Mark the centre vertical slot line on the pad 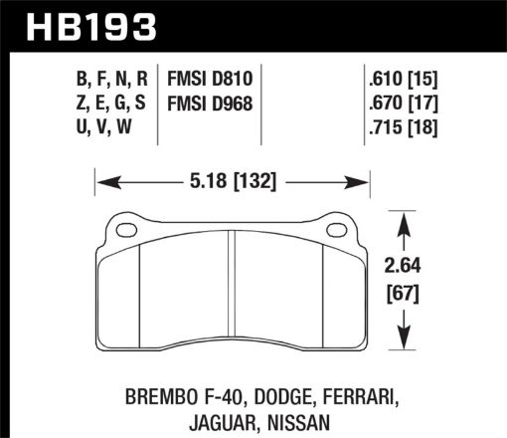[x=232, y=289]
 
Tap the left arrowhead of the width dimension [x=102, y=182]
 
